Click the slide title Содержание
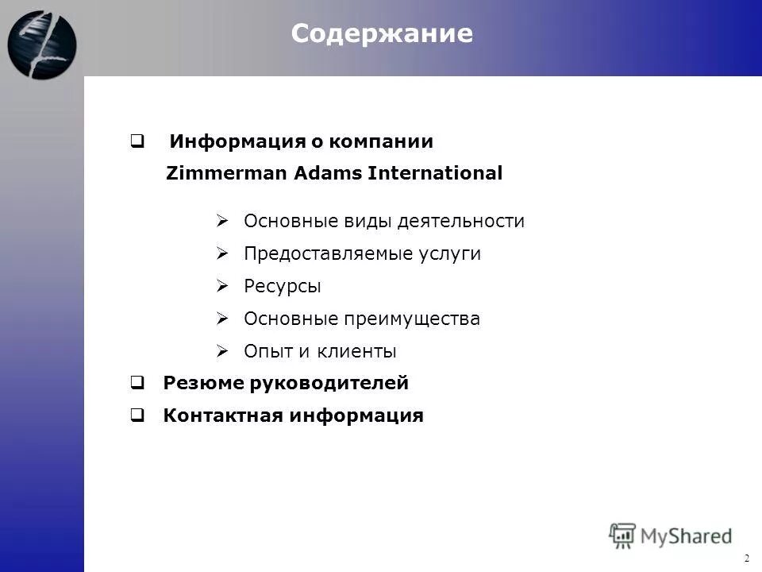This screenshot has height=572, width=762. tap(381, 33)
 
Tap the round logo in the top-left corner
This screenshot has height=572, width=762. tap(42, 44)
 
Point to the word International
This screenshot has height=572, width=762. tap(435, 173)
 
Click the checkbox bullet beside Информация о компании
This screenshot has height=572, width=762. tap(137, 142)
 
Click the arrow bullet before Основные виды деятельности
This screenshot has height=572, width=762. tap(223, 221)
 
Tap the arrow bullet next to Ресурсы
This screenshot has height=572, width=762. tap(223, 286)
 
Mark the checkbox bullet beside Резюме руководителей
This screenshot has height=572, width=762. tap(137, 384)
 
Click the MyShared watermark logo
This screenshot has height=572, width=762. tap(670, 535)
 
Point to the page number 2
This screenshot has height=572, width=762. tap(747, 558)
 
